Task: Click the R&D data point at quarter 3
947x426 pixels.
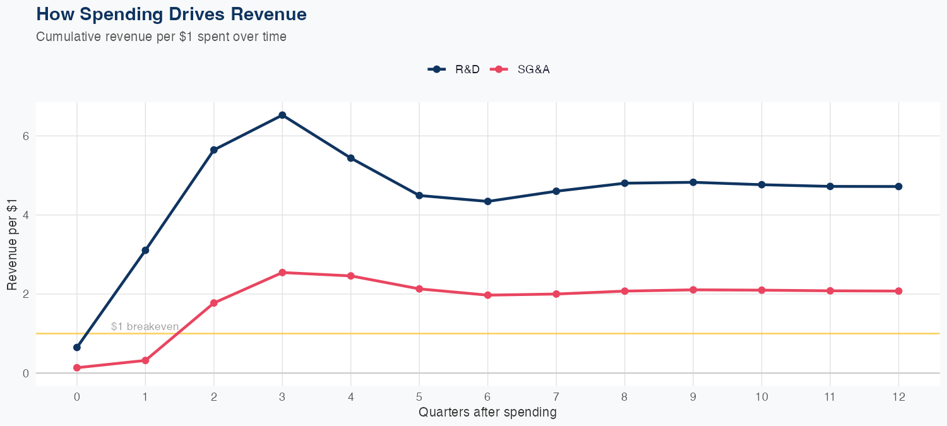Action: coord(282,115)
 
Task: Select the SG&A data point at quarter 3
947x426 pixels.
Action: coord(282,273)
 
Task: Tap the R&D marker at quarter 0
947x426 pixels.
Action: coord(77,347)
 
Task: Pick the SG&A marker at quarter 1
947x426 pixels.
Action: coord(145,360)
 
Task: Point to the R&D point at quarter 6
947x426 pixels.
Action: coord(487,201)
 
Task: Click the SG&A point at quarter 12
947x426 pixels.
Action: coord(898,291)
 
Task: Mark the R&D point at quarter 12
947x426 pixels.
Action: coord(898,186)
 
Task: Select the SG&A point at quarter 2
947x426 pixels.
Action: coord(214,303)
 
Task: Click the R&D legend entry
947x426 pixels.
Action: coord(455,69)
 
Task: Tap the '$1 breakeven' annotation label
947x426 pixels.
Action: coord(145,326)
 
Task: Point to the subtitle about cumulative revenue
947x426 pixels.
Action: coord(161,37)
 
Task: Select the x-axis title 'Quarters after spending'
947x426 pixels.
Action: coord(487,413)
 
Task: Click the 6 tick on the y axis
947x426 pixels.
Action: coord(26,136)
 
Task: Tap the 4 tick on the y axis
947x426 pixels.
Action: coord(26,215)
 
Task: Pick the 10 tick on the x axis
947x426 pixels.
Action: coord(761,397)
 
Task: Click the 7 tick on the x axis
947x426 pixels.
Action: coord(556,397)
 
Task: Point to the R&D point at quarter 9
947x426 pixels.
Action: coord(693,182)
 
